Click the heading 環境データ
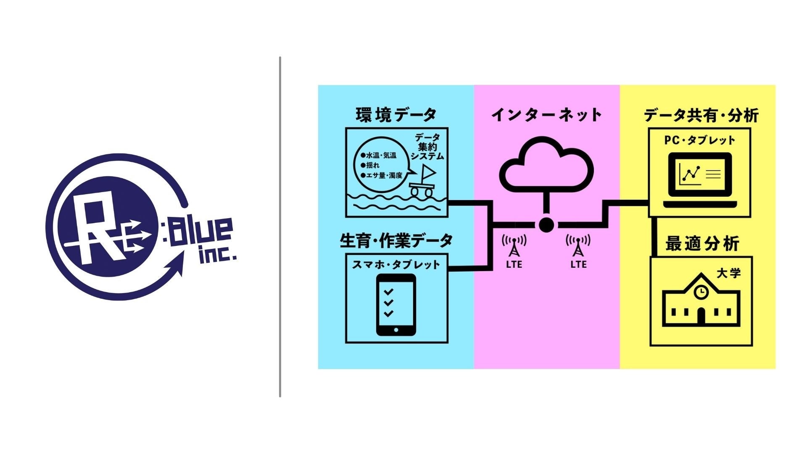pos(396,114)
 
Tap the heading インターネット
pos(546,114)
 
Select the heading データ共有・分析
pos(701,115)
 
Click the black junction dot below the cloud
pos(546,225)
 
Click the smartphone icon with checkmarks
pos(396,304)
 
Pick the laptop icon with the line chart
pos(700,180)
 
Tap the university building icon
pos(700,300)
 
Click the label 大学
pos(728,273)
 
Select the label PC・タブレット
pos(699,140)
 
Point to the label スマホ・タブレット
pos(396,264)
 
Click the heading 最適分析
pos(702,243)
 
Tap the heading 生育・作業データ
pos(396,241)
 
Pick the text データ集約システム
pos(427,147)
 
